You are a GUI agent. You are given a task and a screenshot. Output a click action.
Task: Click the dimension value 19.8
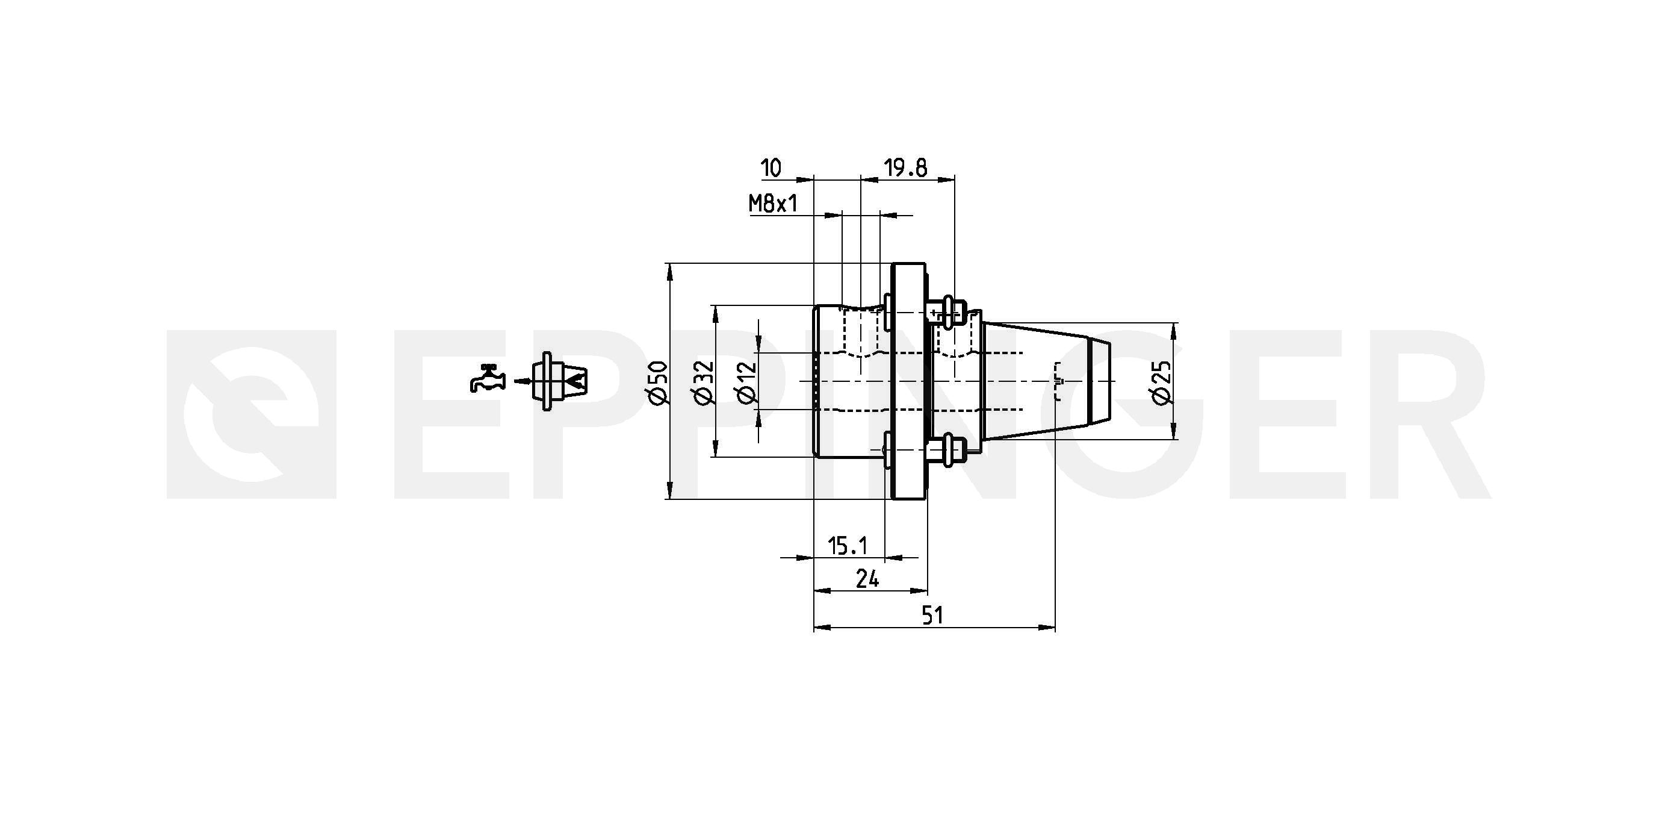905,168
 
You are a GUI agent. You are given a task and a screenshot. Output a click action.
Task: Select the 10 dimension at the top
771,168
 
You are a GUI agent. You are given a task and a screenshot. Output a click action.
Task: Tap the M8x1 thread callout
773,204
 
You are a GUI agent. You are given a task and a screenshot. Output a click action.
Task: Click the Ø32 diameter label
704,383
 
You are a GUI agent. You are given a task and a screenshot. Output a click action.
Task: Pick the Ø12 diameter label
747,383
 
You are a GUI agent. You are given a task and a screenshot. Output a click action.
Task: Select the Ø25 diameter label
1162,383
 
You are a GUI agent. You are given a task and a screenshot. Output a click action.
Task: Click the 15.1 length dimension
848,546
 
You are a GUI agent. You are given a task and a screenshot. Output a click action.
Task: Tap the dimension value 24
867,580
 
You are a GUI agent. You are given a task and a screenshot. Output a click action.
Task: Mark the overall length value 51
932,616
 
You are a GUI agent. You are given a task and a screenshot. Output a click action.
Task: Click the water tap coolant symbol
487,378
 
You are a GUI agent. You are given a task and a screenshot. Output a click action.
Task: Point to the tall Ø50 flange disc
909,381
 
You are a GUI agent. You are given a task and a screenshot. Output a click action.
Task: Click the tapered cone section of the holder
1037,381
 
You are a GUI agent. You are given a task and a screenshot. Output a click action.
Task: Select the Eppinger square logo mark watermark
251,414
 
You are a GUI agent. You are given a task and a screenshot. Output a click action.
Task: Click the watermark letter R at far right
1417,414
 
